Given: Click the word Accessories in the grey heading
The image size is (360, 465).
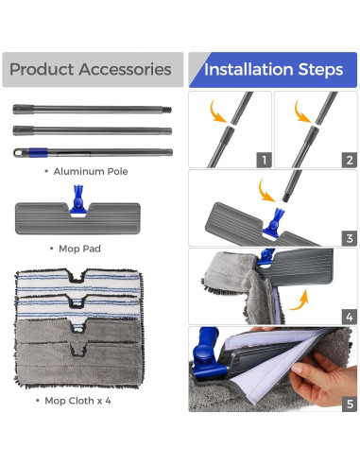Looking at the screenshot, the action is [125, 69].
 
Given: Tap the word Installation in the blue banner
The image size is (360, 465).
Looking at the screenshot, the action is [249, 69].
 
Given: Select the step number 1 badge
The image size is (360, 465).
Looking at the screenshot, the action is [264, 160].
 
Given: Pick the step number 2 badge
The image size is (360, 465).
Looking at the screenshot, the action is [350, 160].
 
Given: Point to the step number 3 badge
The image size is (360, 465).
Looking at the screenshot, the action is [350, 238].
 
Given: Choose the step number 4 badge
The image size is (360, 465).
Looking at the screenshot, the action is [350, 317].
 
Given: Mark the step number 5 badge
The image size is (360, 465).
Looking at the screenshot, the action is [350, 404].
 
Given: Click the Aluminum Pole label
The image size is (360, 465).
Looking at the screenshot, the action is [91, 171].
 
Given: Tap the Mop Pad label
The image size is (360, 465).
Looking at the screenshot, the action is [79, 249].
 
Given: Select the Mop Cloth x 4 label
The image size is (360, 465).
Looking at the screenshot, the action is [77, 401].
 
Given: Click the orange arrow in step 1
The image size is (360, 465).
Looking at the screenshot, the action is [217, 112].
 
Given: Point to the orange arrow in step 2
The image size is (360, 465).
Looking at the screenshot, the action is [301, 112].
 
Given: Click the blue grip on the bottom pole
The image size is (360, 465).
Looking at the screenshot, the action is [38, 152].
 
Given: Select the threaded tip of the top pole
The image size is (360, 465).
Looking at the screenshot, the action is [167, 110].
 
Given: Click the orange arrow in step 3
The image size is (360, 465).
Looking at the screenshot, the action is [266, 192].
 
